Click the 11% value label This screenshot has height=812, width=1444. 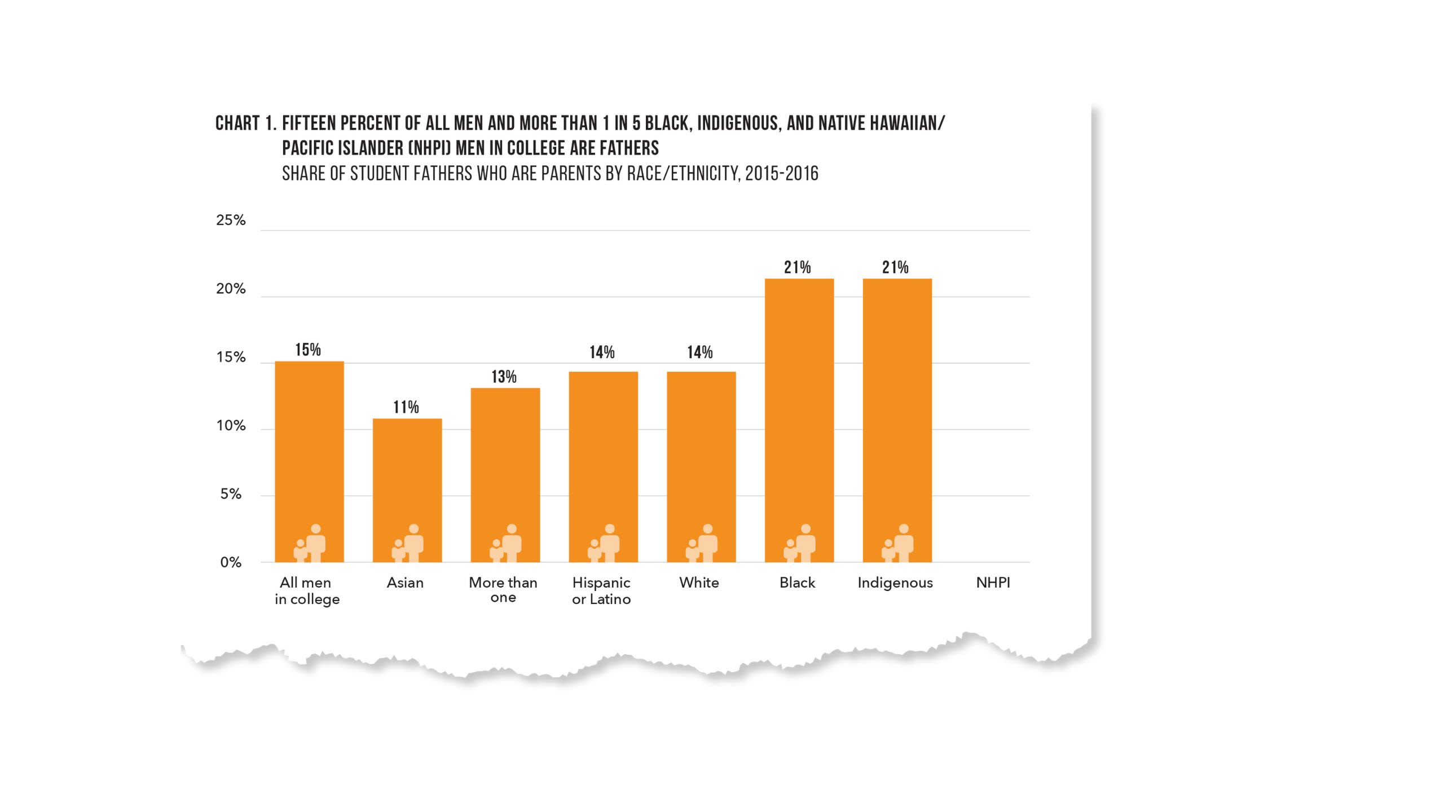pos(406,407)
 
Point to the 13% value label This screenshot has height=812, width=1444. pos(504,377)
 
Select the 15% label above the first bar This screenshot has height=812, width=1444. pos(308,350)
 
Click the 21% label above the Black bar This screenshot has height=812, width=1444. pos(798,267)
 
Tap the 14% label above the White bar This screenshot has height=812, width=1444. pos(700,352)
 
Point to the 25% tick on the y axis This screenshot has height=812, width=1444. pos(231,220)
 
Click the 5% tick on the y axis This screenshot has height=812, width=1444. pos(231,495)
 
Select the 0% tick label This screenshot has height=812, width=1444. pos(231,562)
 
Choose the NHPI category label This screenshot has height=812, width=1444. pos(993,583)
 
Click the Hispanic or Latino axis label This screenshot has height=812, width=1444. pos(601,590)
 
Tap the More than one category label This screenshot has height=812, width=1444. pos(503,590)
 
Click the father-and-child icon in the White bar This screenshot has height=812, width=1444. pos(702,544)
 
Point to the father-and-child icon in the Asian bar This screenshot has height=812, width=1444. pos(408,544)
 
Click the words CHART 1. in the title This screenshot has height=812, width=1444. pos(245,123)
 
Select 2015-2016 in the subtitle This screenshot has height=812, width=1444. pos(781,174)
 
